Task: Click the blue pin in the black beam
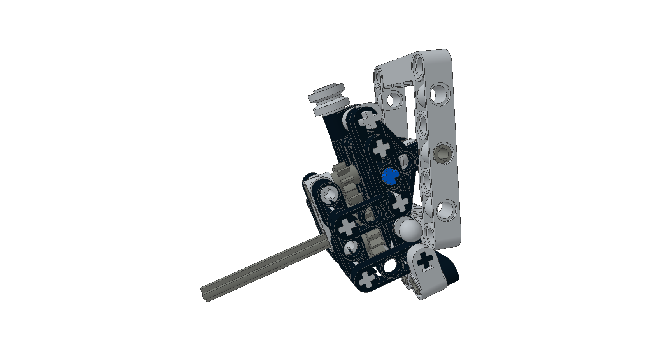tap(389, 176)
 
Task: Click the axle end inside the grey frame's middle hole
tap(442, 153)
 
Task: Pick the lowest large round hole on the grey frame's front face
tap(446, 209)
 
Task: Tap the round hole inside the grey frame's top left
tap(394, 98)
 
